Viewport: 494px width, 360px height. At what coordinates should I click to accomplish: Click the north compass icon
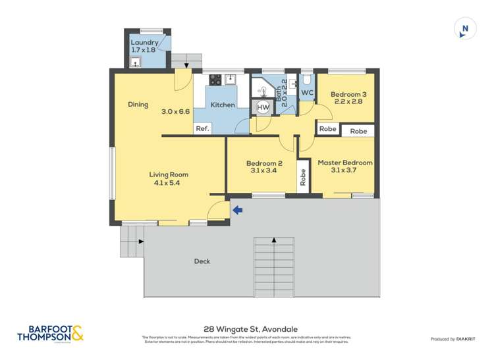465,29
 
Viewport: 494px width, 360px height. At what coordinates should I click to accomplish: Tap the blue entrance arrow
238,210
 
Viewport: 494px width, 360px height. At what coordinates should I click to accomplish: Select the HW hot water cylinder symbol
263,107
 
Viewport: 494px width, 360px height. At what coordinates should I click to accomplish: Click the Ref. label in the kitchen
202,128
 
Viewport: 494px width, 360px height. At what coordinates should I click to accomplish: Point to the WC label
307,93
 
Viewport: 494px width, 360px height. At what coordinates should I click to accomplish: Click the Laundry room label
144,43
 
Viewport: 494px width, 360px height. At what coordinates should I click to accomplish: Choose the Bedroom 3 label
348,94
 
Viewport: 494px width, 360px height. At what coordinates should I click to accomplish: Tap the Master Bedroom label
344,163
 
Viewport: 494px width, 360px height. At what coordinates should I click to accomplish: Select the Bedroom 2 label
264,163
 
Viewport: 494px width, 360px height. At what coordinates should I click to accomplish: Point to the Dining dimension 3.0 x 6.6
175,111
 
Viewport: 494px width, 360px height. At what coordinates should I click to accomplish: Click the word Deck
202,261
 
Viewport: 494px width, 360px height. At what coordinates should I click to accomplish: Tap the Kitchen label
223,105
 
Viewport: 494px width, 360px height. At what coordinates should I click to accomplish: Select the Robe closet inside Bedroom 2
303,177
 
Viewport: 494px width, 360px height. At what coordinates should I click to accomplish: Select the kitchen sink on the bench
230,80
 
